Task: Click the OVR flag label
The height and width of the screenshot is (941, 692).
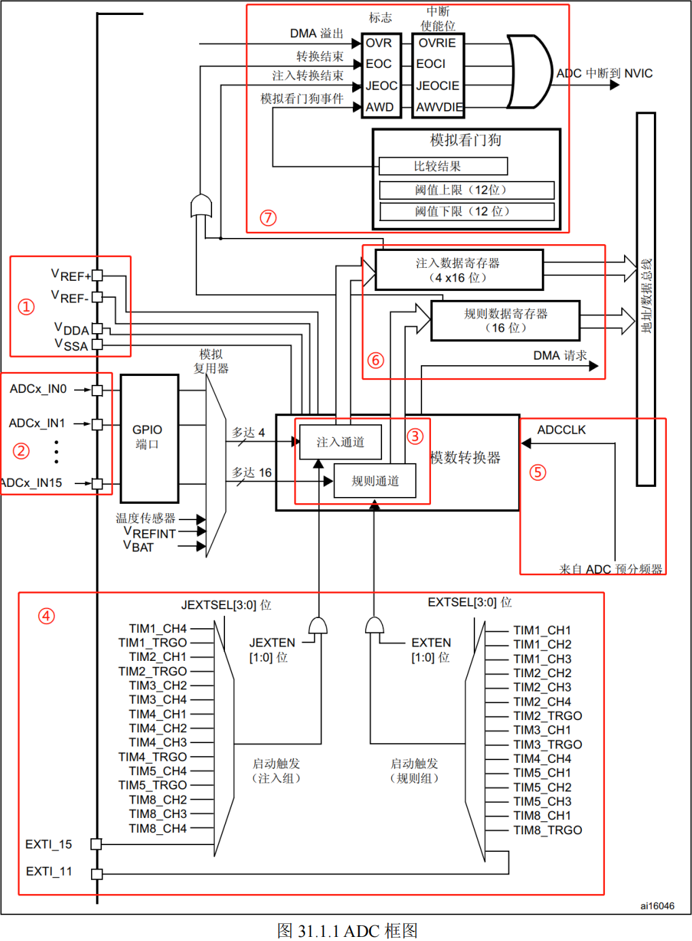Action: pyautogui.click(x=379, y=43)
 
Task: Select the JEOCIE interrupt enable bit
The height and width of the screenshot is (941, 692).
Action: pyautogui.click(x=438, y=86)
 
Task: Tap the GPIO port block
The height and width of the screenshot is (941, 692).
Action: pyautogui.click(x=150, y=438)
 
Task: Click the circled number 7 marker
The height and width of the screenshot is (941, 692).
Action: pyautogui.click(x=268, y=218)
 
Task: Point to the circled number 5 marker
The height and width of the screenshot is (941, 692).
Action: pyautogui.click(x=538, y=472)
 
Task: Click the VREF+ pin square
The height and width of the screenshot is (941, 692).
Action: pyautogui.click(x=97, y=275)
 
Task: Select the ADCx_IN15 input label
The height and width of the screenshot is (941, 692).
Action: pyautogui.click(x=31, y=483)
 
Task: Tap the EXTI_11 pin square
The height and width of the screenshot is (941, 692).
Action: pyautogui.click(x=97, y=874)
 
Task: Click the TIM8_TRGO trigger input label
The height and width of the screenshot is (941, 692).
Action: pyautogui.click(x=548, y=830)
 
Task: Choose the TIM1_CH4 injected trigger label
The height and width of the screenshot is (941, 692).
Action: pyautogui.click(x=158, y=628)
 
